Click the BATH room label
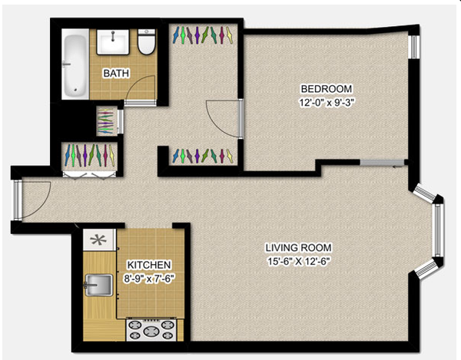tap(116, 73)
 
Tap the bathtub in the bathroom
tap(75, 64)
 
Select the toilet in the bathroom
tap(147, 41)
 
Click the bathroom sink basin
tap(113, 41)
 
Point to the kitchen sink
tap(98, 285)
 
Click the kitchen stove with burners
tap(151, 330)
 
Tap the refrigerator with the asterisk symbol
tap(98, 240)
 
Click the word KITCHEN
tap(149, 265)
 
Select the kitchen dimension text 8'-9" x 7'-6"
tap(149, 279)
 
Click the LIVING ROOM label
tap(298, 247)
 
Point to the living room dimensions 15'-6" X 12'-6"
tap(298, 261)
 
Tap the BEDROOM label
tap(327, 88)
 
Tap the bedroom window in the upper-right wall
tap(414, 47)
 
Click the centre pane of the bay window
tap(438, 230)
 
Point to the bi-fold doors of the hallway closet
tap(89, 175)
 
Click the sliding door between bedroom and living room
tap(382, 163)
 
